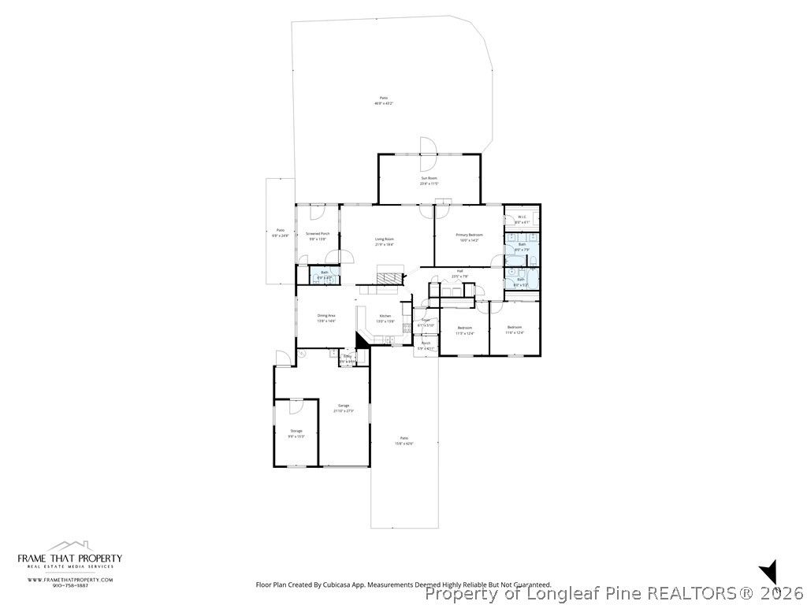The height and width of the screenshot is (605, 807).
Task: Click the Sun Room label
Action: (429, 179)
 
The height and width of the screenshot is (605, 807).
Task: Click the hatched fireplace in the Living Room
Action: (389, 277)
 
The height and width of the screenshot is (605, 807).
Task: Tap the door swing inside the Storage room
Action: (296, 406)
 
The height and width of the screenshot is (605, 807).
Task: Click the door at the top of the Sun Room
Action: (428, 146)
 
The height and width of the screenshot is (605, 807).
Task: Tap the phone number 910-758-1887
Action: (70, 585)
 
